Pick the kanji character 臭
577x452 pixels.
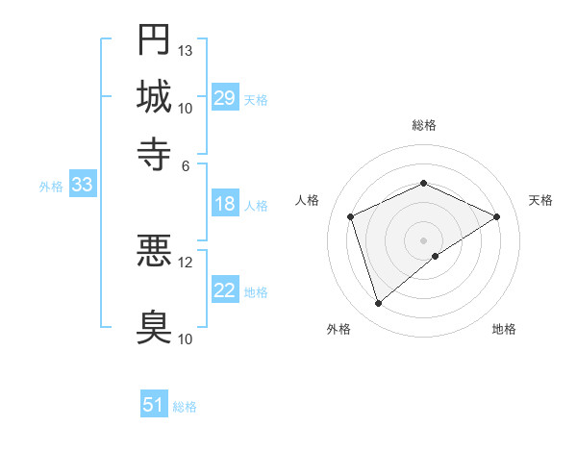pos(154,325)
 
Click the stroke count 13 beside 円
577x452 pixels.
pos(186,50)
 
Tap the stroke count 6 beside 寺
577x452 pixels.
pos(186,164)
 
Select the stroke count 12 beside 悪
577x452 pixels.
pos(186,262)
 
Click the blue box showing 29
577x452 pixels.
pos(225,98)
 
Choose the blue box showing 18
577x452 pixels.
pos(225,204)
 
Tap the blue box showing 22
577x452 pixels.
pos(225,290)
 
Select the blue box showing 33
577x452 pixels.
pos(82,186)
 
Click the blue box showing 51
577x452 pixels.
pos(154,406)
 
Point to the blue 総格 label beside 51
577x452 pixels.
pos(185,407)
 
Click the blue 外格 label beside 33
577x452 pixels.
pos(51,187)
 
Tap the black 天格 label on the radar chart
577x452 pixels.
pos(540,200)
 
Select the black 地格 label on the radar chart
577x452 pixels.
pos(504,329)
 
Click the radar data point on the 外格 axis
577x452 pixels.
pos(378,304)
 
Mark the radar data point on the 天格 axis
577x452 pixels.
pos(497,216)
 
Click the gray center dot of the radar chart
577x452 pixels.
pos(423,240)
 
